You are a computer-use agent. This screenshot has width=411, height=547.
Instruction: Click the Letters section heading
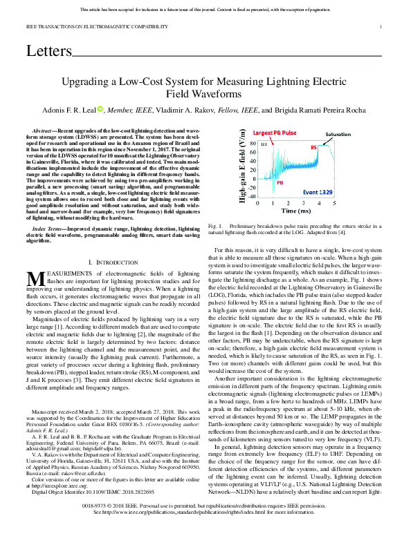[49, 51]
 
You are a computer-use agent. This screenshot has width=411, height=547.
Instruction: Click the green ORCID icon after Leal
[101, 109]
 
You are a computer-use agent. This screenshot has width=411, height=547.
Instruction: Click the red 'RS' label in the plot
[313, 147]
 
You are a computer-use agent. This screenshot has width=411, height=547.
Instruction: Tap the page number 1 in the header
[381, 27]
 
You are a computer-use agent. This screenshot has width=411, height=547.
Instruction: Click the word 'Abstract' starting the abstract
[46, 131]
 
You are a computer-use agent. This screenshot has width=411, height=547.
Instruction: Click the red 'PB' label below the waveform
[280, 184]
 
